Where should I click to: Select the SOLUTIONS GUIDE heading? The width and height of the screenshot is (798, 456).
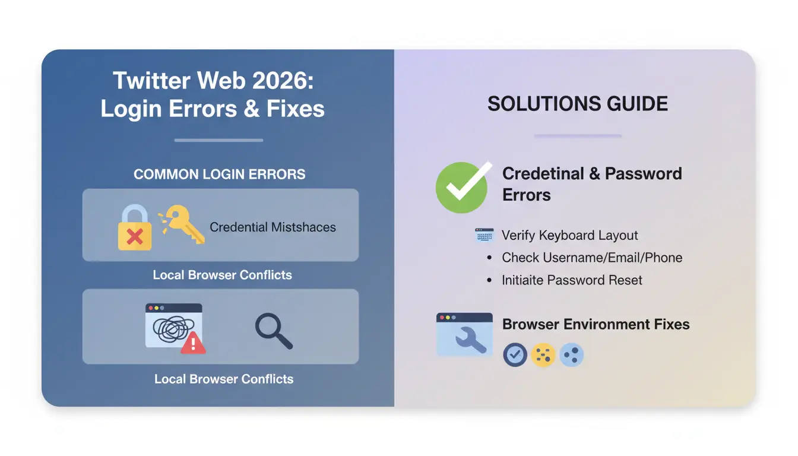tap(577, 104)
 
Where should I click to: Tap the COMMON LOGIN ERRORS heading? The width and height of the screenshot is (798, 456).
tap(219, 175)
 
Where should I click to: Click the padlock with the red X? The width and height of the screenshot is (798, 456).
tap(135, 229)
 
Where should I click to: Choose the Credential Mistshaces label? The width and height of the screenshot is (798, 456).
tap(273, 227)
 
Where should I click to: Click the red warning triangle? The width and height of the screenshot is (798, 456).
tap(192, 343)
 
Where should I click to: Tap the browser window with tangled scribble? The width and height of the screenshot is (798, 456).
tap(173, 325)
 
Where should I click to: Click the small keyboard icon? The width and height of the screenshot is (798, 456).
tap(484, 235)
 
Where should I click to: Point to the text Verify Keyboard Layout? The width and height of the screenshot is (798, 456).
tap(569, 235)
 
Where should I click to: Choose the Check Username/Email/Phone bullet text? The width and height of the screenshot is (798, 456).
tap(591, 258)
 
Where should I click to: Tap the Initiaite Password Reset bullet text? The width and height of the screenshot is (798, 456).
tap(572, 280)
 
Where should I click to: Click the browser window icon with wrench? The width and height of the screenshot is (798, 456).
tap(464, 334)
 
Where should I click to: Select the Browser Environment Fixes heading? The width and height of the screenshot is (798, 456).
tap(596, 324)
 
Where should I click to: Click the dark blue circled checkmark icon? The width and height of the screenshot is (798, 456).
tap(515, 354)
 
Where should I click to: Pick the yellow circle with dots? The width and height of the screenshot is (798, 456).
tap(543, 354)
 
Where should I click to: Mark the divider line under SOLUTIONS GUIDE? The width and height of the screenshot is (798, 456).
tap(577, 136)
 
